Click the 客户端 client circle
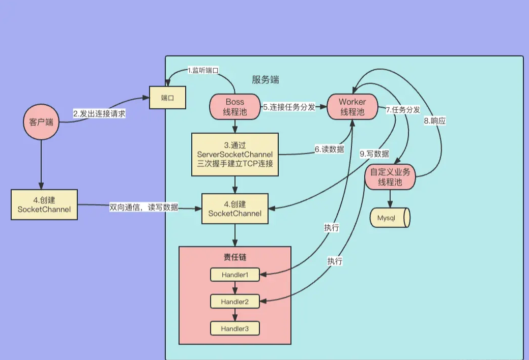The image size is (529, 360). [41, 122]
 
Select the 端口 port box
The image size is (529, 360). [168, 98]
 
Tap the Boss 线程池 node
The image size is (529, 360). [235, 107]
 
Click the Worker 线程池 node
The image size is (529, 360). [352, 107]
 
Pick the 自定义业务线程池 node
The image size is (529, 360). [390, 177]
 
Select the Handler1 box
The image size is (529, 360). [235, 275]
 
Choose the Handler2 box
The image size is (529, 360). [235, 302]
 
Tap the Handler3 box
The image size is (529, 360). [235, 328]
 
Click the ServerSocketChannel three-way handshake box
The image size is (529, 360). [235, 155]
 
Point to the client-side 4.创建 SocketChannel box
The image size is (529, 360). [44, 204]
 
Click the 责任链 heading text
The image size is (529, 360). [235, 257]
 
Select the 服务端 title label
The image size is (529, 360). [266, 80]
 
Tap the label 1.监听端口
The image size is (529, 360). [203, 70]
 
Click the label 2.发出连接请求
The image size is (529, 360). [99, 114]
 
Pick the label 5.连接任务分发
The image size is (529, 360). [289, 107]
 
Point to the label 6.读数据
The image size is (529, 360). [329, 149]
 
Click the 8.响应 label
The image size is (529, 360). [435, 121]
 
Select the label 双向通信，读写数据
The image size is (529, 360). [144, 207]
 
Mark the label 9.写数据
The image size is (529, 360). [374, 154]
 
